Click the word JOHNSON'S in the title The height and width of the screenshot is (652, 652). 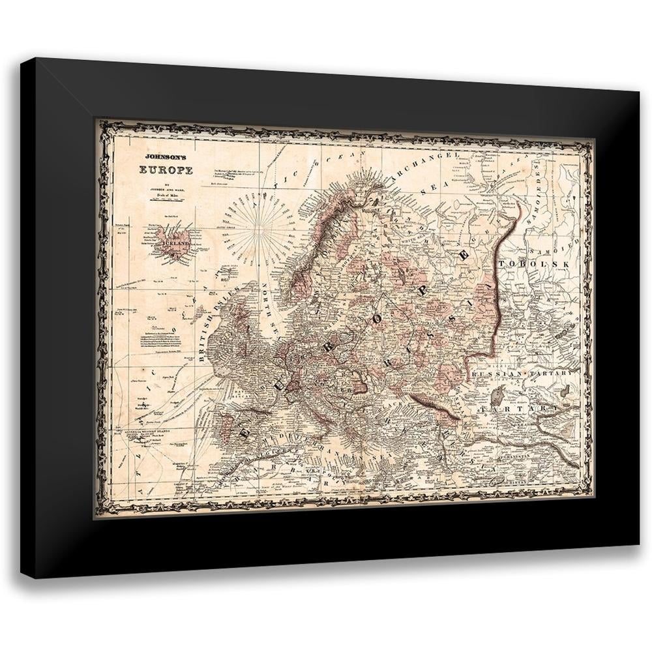[165, 157]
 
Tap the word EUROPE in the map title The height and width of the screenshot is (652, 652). [166, 170]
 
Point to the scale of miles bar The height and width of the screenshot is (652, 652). [166, 196]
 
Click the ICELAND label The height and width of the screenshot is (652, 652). [175, 244]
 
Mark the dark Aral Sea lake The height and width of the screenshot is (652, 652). [497, 395]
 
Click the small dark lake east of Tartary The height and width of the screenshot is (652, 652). [565, 390]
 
